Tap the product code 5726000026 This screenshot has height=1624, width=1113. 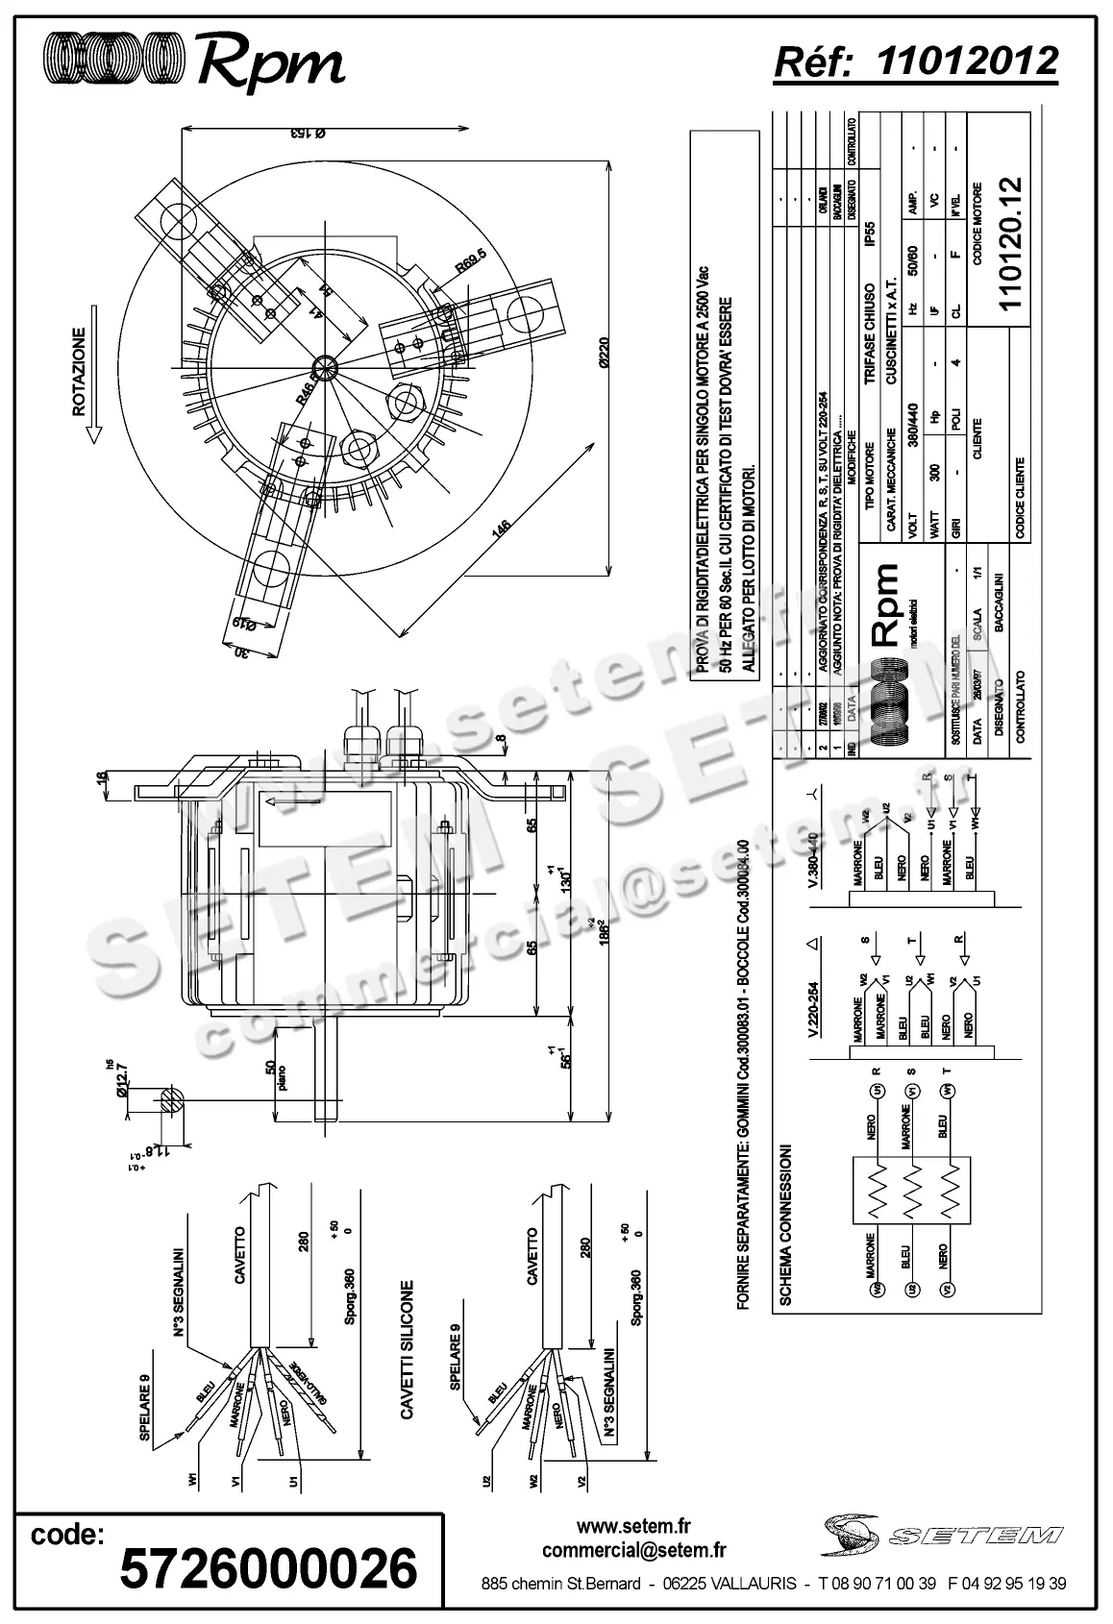click(x=268, y=1569)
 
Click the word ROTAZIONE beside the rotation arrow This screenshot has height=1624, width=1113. click(x=79, y=372)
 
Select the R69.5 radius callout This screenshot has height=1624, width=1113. click(x=471, y=262)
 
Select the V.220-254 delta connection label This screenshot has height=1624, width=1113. click(x=813, y=1010)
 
